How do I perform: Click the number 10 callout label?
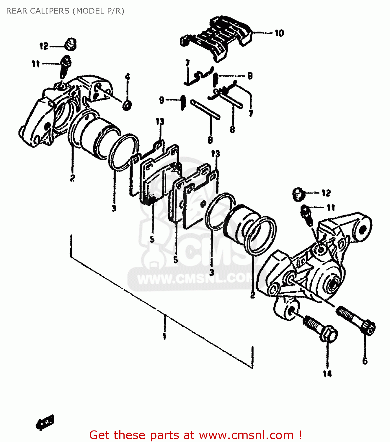(279, 33)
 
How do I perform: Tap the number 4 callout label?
(127, 77)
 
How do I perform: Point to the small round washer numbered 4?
(127, 105)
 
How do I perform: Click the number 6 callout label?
(365, 361)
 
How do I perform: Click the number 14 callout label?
(327, 374)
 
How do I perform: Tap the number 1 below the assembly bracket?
(164, 336)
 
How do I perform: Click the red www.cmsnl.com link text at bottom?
(246, 435)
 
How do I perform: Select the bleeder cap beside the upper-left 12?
(71, 44)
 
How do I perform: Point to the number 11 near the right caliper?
(331, 208)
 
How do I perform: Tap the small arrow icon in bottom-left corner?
(45, 423)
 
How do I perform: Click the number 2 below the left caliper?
(72, 178)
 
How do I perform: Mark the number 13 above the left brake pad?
(160, 121)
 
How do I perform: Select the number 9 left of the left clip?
(162, 100)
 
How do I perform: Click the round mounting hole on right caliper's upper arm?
(363, 229)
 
